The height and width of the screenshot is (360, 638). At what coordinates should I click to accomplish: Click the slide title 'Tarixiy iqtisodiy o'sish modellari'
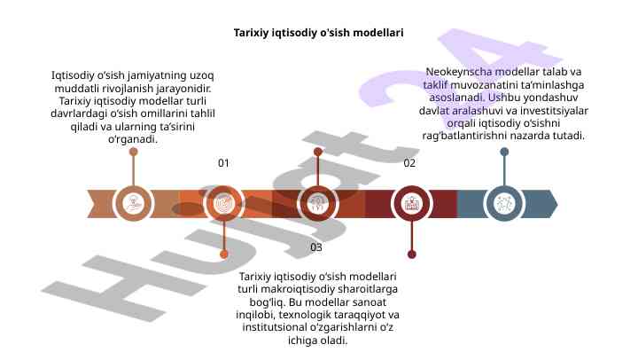tap(318, 32)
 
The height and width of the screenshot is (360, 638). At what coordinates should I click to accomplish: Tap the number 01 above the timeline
tap(223, 163)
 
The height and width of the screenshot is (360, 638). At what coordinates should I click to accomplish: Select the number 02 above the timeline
tap(409, 163)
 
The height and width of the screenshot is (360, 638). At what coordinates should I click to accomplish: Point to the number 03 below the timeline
tap(316, 247)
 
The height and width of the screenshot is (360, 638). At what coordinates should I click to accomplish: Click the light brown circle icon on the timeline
tap(134, 203)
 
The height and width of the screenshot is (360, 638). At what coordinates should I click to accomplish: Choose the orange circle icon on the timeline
tap(225, 203)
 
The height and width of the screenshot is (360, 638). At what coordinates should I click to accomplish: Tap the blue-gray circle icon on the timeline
tap(504, 203)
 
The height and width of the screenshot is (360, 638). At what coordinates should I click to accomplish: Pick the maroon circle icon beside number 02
tap(411, 203)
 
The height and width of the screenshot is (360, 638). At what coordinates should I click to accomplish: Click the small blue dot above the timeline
tap(504, 153)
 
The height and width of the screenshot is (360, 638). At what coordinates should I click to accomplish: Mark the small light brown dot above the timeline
tap(134, 153)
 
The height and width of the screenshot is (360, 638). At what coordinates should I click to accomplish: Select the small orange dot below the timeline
tap(224, 254)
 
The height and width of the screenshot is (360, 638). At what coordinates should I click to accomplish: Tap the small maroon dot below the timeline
tap(411, 254)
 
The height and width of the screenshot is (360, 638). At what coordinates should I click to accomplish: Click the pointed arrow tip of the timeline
tap(554, 203)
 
